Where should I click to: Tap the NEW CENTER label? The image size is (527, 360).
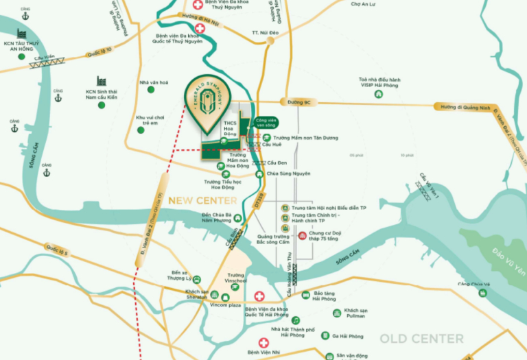202,201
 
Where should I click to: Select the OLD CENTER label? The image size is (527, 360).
421,339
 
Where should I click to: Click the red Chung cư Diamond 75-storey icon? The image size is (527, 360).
303,237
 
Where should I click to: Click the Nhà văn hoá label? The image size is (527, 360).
154,82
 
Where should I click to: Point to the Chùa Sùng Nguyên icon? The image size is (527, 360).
260,174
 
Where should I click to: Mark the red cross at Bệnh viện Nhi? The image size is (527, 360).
262,343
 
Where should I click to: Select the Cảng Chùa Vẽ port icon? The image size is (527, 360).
483,293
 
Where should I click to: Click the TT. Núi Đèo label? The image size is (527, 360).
263,32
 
